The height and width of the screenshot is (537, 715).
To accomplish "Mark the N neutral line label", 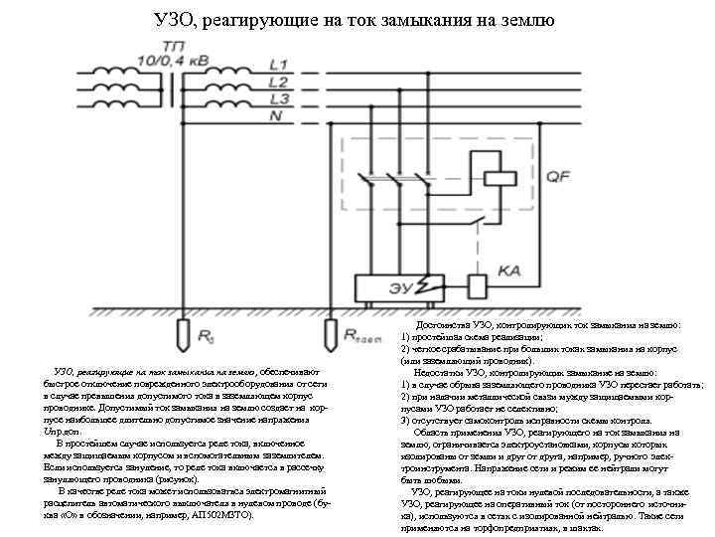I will coord(276,116).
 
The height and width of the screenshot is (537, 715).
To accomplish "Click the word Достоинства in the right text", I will coord(444,326).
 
